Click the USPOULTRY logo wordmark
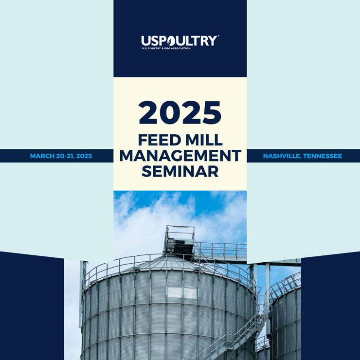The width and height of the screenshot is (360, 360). pyautogui.click(x=179, y=41)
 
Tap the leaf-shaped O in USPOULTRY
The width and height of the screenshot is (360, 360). pyautogui.click(x=171, y=41)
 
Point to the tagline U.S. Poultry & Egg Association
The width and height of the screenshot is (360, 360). pyautogui.click(x=166, y=48)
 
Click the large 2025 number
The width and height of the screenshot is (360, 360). pyautogui.click(x=180, y=112)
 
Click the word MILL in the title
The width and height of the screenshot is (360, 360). pyautogui.click(x=204, y=140)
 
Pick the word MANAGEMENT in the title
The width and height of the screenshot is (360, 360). pyautogui.click(x=180, y=156)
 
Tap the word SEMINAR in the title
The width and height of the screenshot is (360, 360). pyautogui.click(x=180, y=171)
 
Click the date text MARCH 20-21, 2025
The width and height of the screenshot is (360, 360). pyautogui.click(x=61, y=156)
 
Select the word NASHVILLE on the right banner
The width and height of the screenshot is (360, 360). pyautogui.click(x=282, y=156)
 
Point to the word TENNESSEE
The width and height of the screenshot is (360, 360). pyautogui.click(x=323, y=156)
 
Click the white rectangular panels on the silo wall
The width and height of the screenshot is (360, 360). pyautogui.click(x=182, y=293)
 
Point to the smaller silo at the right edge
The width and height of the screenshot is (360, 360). pyautogui.click(x=286, y=319)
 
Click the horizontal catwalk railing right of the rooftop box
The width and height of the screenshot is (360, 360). pyautogui.click(x=220, y=249)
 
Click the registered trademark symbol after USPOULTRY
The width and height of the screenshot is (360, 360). pyautogui.click(x=218, y=36)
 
